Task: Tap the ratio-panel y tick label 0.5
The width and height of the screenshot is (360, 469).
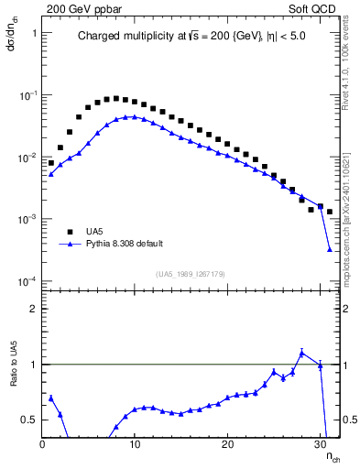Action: (x=28, y=420)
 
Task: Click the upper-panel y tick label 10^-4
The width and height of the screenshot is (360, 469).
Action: (x=27, y=281)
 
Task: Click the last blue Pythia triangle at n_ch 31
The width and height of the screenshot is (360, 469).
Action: (x=329, y=249)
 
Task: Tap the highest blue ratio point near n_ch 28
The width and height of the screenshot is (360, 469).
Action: (x=301, y=353)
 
